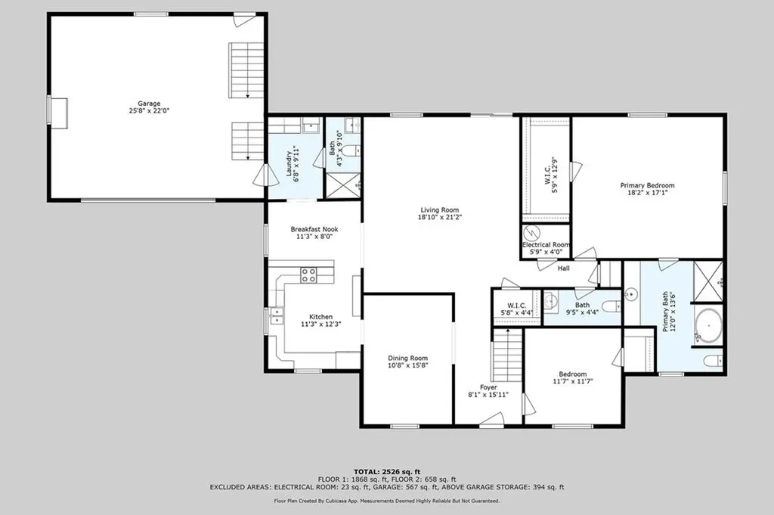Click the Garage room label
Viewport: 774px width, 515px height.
coord(149,104)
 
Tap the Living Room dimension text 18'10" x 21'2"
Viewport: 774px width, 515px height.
coord(440,217)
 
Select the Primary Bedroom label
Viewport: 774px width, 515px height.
coord(647,185)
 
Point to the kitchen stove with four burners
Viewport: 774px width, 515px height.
coord(309,275)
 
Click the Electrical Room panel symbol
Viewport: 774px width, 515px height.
coord(532,233)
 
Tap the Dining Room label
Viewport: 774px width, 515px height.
coord(407,358)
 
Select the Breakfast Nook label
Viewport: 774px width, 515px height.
coord(314,229)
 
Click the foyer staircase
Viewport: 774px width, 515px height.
coord(507,355)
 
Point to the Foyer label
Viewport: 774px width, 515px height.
coord(489,387)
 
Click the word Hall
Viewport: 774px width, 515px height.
coord(564,268)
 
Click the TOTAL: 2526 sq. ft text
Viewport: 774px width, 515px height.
coord(387,472)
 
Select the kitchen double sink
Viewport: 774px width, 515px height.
coord(276,315)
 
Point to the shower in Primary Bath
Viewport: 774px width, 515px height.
coord(708,281)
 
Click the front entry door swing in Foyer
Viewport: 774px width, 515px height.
coord(491,419)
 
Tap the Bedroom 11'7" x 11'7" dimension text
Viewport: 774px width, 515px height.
coord(573,381)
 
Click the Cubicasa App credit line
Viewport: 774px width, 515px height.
coord(387,501)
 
